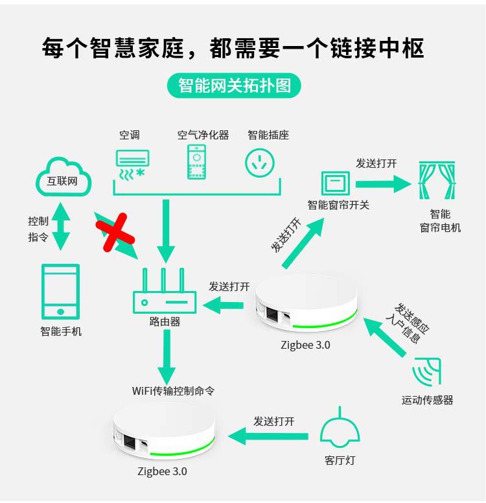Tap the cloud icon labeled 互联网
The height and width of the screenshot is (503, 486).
[x=62, y=176]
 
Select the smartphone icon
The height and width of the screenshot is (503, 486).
[x=60, y=291]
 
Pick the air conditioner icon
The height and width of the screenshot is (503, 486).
[x=132, y=165]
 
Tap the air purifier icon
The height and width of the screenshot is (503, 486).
[x=197, y=162]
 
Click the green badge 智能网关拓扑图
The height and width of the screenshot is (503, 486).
[x=235, y=86]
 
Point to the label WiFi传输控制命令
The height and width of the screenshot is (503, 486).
[x=173, y=391]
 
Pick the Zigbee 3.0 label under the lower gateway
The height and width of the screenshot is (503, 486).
[x=162, y=471]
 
